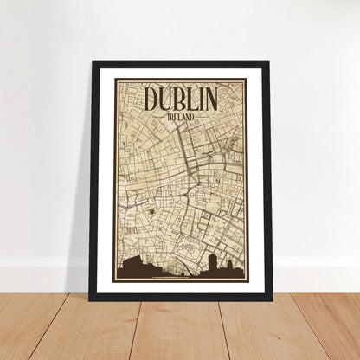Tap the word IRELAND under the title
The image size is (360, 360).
(x=180, y=115)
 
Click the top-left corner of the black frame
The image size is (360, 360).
(x=91, y=63)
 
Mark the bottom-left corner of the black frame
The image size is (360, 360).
(x=91, y=299)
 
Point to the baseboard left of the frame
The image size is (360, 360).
(x=43, y=264)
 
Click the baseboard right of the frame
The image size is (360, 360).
(x=315, y=264)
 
